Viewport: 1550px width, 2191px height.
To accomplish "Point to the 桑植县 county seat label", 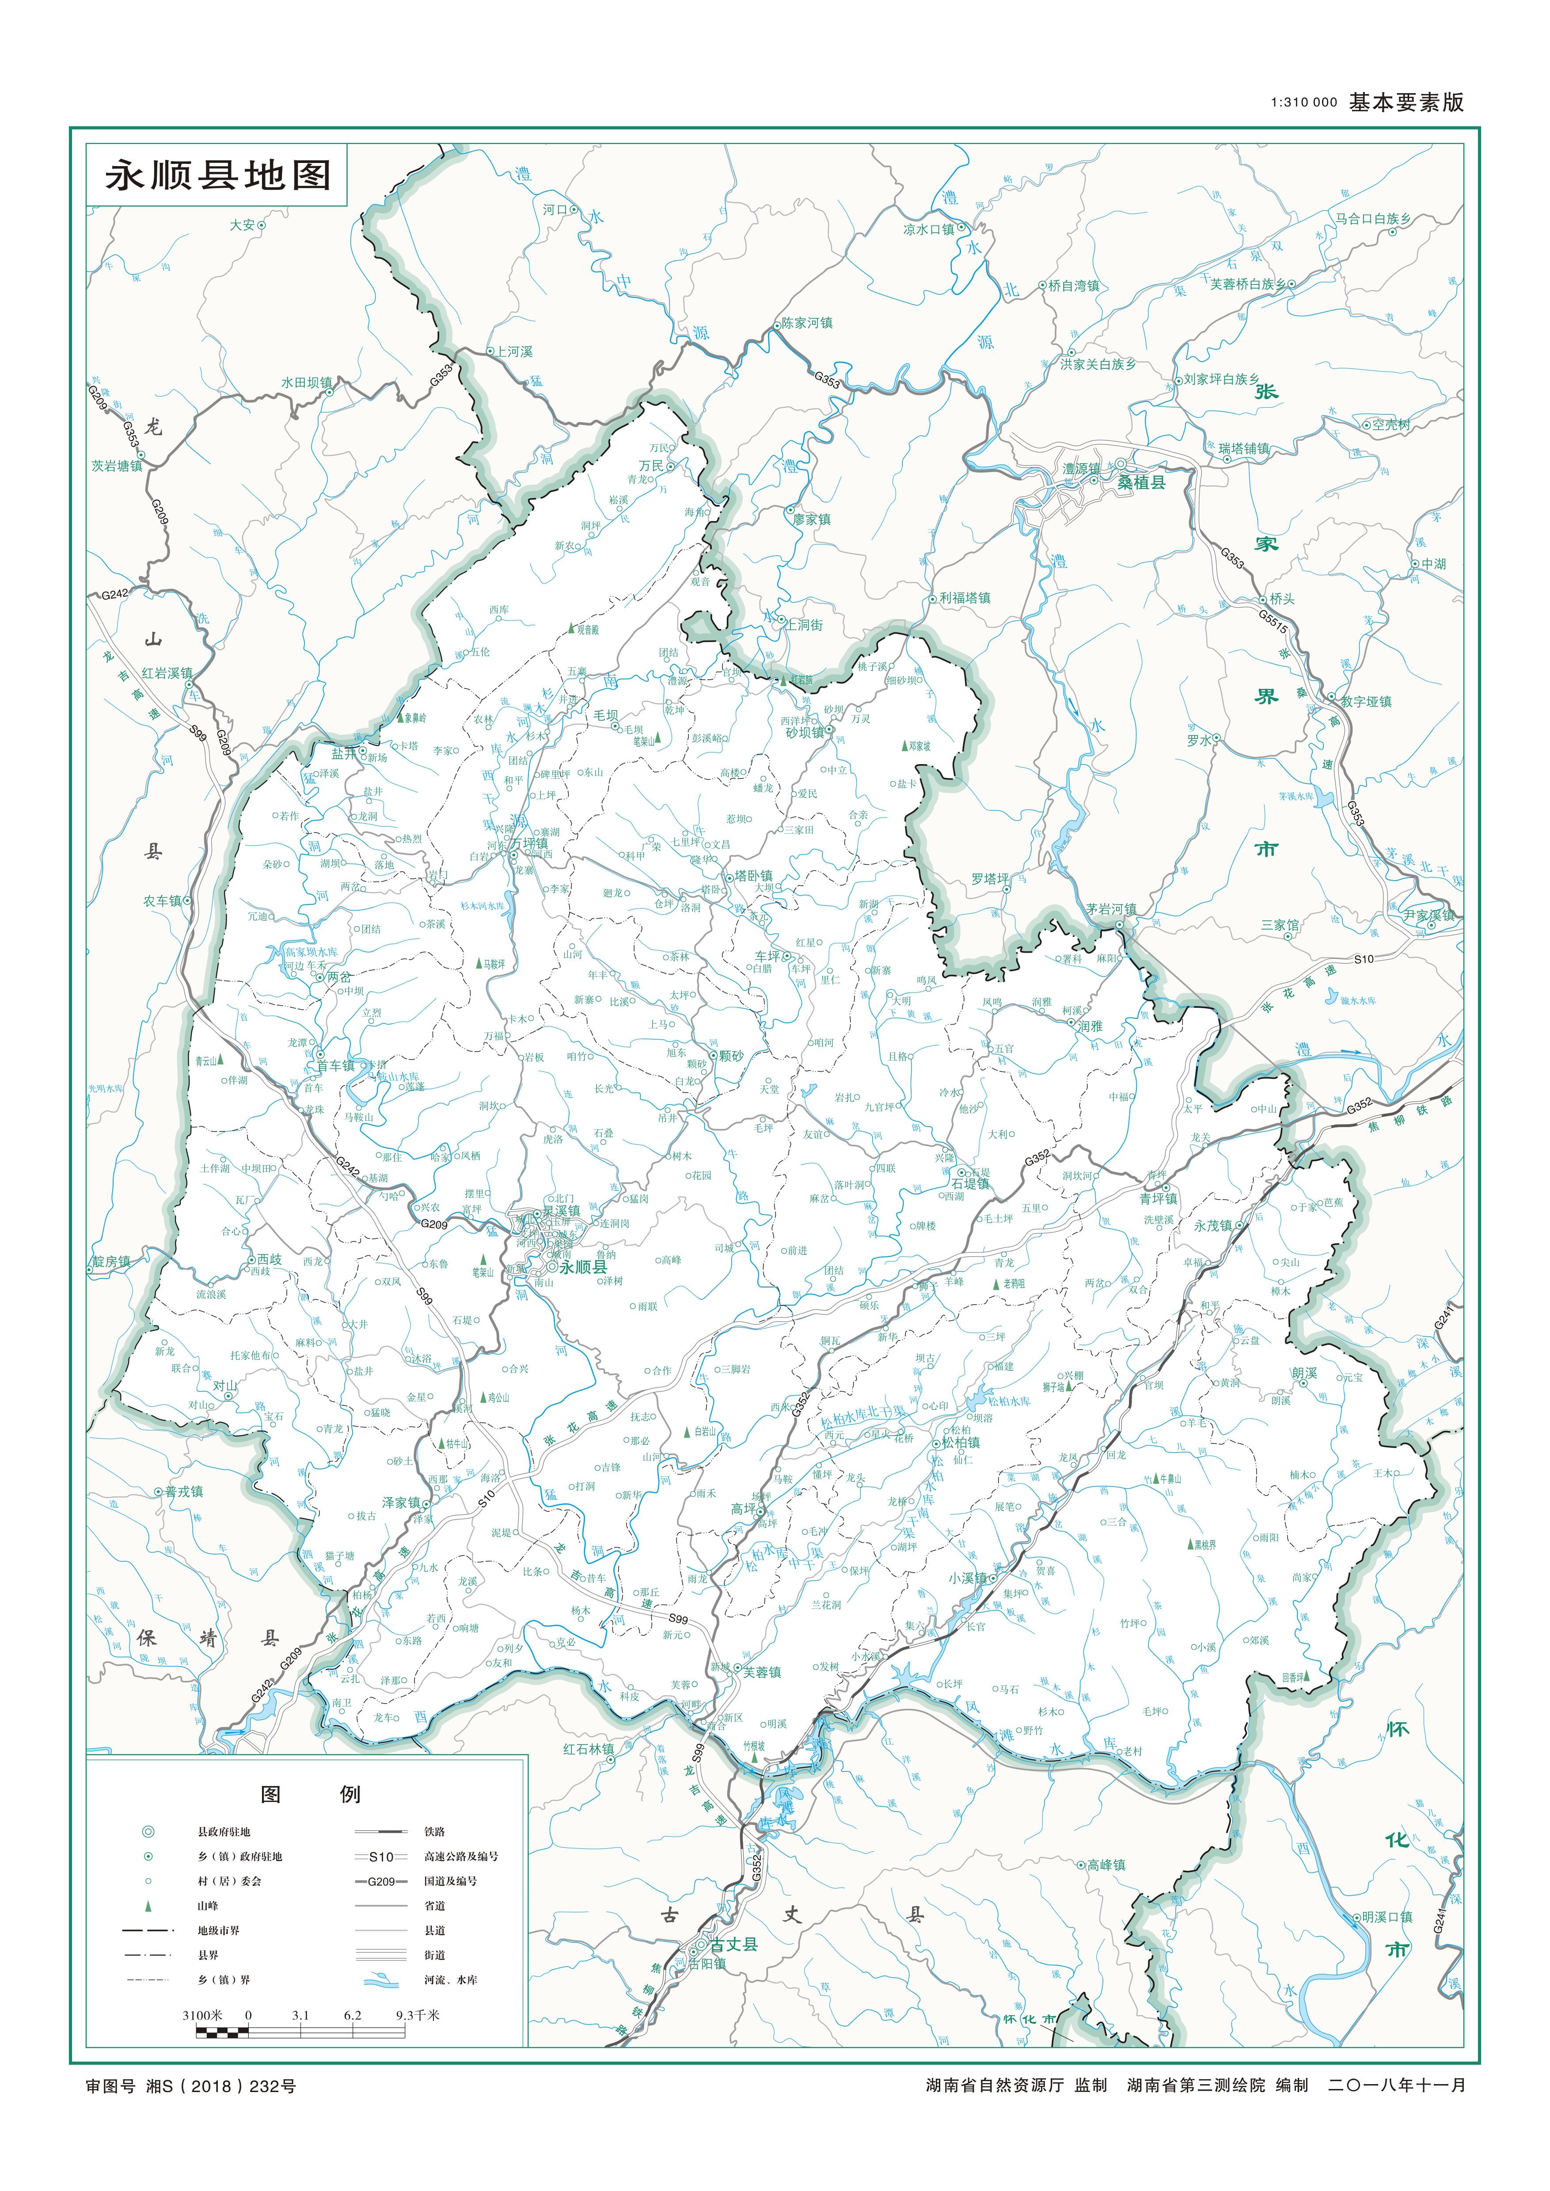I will (x=1143, y=483).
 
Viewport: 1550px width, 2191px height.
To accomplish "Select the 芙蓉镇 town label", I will (x=762, y=1672).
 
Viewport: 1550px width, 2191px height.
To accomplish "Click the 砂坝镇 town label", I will (x=805, y=733).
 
